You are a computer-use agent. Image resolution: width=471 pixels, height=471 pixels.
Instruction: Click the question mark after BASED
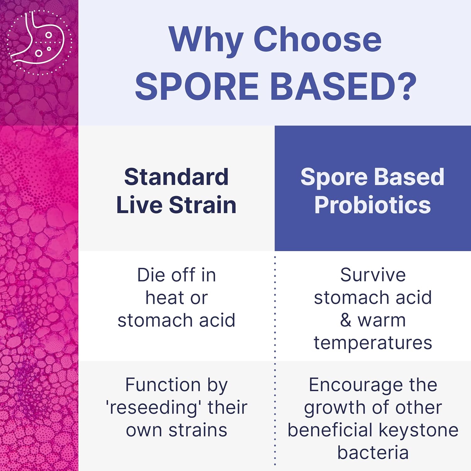pos(407,86)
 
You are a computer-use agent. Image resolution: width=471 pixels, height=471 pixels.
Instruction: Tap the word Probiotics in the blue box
pos(372,205)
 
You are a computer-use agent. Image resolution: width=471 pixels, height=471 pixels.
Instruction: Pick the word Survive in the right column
pos(373,275)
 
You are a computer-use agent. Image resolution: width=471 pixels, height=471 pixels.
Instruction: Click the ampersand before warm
pos(346,320)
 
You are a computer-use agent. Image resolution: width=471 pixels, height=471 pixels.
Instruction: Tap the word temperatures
pos(373,343)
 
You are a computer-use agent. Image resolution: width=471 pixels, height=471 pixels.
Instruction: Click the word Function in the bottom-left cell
pos(163,385)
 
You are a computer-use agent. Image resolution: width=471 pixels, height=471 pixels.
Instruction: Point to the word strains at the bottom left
pos(198,430)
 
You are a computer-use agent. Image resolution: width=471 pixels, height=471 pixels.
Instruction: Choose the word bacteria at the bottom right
pos(373,453)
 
